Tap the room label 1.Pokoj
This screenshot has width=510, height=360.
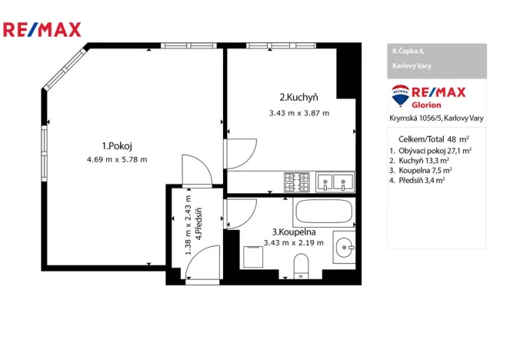click(118, 145)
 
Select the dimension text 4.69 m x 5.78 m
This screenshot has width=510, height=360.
click(118, 159)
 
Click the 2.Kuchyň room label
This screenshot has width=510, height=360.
click(298, 97)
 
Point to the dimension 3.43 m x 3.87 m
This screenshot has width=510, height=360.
click(298, 112)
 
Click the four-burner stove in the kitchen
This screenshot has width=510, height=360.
click(297, 182)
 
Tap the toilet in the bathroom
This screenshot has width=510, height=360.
click(302, 266)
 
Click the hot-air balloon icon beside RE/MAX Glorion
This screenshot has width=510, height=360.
click(400, 98)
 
